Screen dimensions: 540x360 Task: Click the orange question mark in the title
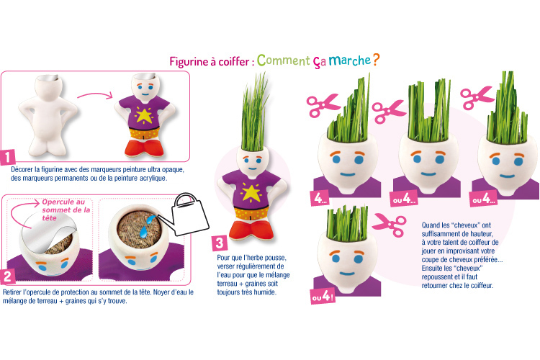[376, 60]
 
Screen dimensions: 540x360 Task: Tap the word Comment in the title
[284, 60]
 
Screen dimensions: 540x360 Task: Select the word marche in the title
[349, 60]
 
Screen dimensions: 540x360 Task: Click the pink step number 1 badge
[8, 157]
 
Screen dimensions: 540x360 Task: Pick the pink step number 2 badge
[8, 276]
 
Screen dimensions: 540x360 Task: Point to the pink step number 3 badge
[220, 243]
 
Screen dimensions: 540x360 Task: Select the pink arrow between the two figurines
[95, 94]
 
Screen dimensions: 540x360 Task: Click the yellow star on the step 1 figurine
[144, 115]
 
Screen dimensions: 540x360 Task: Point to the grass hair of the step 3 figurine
[255, 112]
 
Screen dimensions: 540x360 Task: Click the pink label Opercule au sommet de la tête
[66, 210]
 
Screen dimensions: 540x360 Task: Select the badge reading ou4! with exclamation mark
[323, 296]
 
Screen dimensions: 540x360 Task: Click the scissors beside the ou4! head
[389, 224]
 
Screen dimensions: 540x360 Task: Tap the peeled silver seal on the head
[48, 230]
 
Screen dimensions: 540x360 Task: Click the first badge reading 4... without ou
[320, 198]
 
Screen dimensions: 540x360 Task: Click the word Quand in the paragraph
[431, 225]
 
